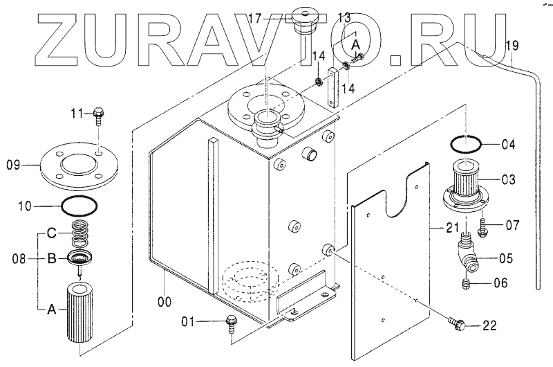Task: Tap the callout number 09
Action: [x=14, y=165]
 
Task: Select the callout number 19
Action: [x=512, y=46]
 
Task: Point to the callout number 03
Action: [x=508, y=180]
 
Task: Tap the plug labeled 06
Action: [x=467, y=284]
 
